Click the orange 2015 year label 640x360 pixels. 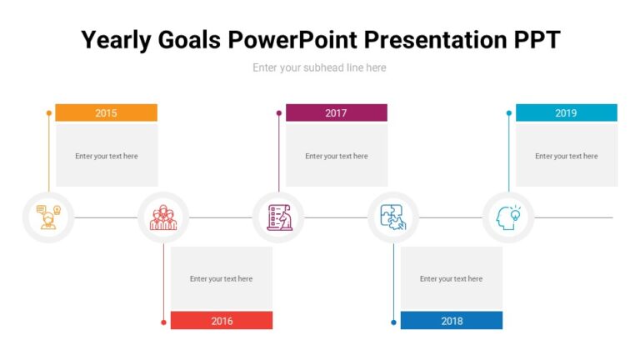(106, 112)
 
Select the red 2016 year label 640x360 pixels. (222, 321)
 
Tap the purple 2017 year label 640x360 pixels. (336, 112)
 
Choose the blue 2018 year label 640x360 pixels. (452, 321)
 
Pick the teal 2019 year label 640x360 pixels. (566, 112)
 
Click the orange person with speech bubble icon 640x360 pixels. (47, 217)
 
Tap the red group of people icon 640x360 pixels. (162, 217)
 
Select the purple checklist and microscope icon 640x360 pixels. (278, 217)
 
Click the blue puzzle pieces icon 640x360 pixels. (393, 217)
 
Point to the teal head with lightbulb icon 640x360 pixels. (508, 217)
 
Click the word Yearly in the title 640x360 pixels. (119, 39)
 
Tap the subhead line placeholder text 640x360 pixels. (319, 67)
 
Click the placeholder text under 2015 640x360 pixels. (106, 156)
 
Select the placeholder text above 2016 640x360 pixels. (221, 279)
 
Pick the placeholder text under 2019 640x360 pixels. (566, 156)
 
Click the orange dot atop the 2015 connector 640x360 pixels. (48, 112)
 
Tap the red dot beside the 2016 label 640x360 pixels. (163, 322)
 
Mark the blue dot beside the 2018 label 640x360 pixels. (393, 322)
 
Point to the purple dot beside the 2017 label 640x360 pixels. (278, 112)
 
